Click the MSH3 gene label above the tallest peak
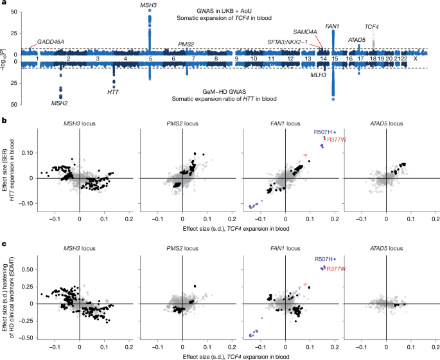[x=150, y=5]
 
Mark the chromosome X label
[x=416, y=59]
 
